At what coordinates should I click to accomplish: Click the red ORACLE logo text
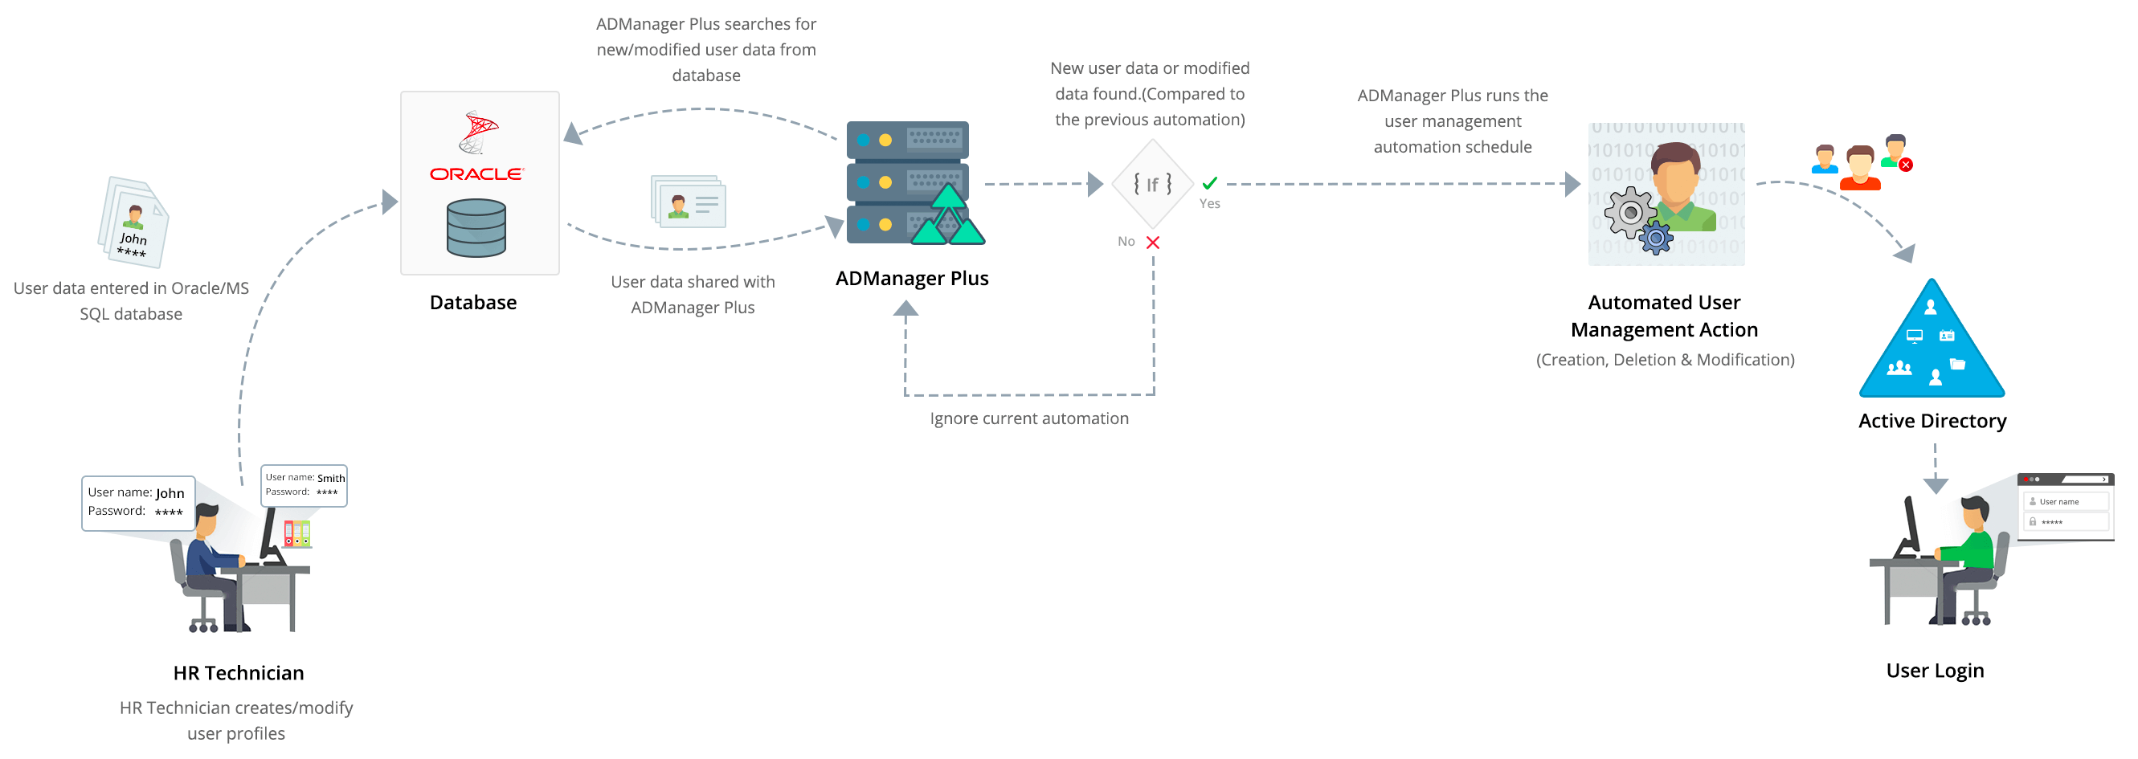point(476,174)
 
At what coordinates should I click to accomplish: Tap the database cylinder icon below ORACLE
point(476,228)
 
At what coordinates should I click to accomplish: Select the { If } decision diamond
point(1153,183)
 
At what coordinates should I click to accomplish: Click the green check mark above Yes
point(1209,183)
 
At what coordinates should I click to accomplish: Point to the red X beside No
point(1153,243)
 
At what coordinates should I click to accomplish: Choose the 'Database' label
point(473,303)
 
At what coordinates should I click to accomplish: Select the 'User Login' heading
point(1935,670)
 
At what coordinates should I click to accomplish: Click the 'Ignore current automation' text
point(1028,419)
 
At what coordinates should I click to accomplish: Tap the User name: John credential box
point(137,502)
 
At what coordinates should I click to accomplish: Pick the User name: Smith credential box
point(304,485)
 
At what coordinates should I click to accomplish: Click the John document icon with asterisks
point(133,222)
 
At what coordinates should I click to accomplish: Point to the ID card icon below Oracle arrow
point(689,202)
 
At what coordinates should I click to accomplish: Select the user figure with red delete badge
point(1895,152)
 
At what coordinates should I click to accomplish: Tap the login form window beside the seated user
point(2066,507)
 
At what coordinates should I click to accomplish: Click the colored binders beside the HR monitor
point(297,533)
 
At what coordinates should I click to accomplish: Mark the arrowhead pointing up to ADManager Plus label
point(905,308)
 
